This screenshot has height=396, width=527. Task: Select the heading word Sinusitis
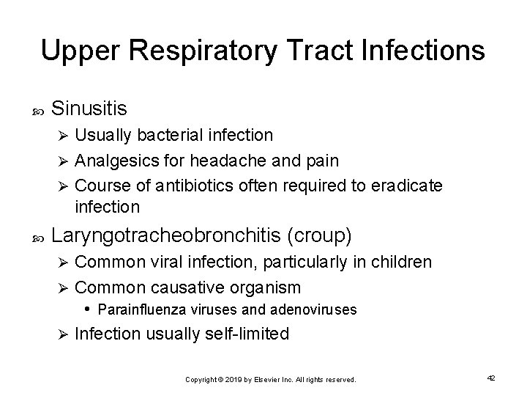click(90, 109)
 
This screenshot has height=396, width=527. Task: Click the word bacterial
click(161, 136)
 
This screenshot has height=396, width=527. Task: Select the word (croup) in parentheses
click(321, 235)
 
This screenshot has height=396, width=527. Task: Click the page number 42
click(490, 378)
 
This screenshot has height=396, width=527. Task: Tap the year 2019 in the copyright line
click(231, 380)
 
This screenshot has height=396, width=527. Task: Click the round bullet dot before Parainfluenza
click(87, 308)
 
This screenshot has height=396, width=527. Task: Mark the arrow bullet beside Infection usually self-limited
click(62, 335)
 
